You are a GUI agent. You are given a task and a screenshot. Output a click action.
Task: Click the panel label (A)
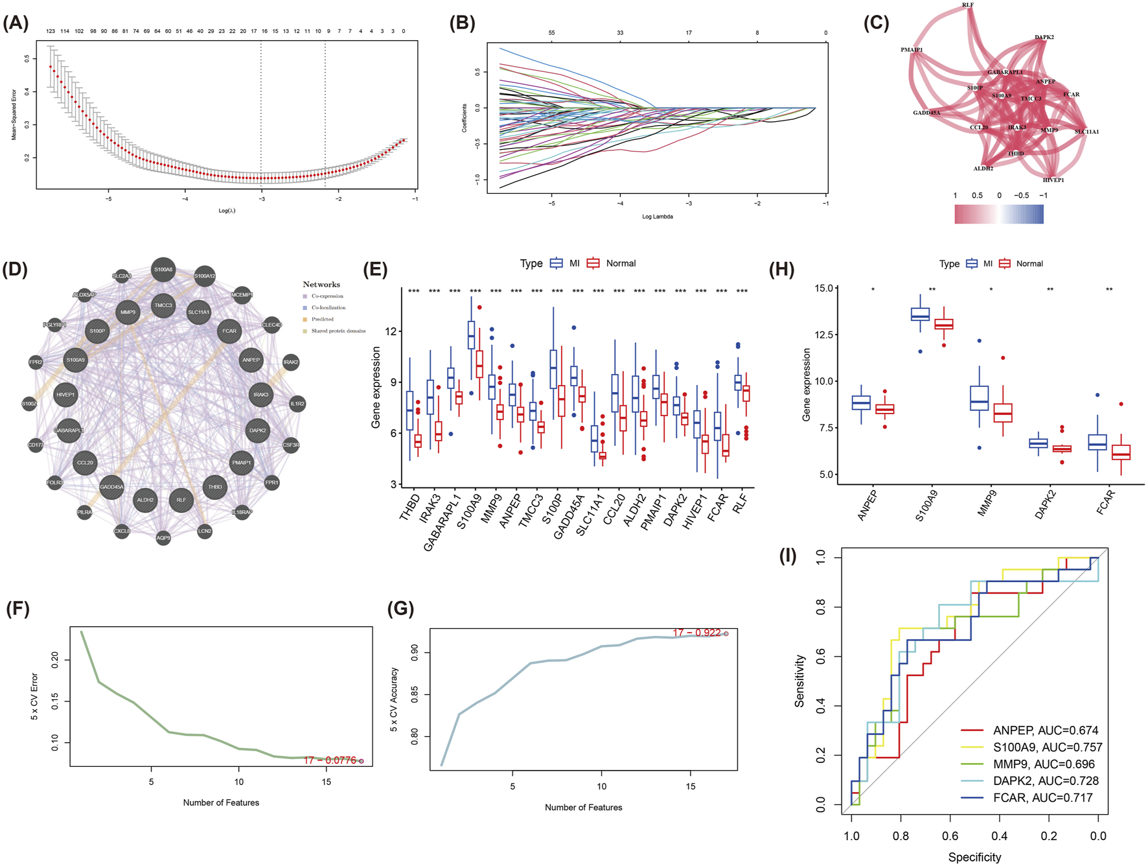(16, 23)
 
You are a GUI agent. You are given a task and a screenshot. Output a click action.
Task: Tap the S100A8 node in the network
(163, 270)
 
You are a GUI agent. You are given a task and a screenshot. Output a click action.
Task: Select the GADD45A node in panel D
(111, 487)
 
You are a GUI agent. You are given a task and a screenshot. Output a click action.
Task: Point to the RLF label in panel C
(968, 5)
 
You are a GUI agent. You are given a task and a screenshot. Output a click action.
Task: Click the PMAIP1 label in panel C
(912, 50)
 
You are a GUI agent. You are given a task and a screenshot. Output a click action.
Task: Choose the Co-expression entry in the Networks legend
(327, 296)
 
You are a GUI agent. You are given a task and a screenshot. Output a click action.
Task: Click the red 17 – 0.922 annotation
(696, 633)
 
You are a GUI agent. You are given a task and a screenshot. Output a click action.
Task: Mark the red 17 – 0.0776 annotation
(330, 760)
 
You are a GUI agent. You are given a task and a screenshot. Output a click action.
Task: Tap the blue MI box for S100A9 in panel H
(920, 314)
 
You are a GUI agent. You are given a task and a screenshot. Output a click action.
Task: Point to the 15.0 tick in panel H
(823, 288)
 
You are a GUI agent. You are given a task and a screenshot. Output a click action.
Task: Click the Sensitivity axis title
(799, 681)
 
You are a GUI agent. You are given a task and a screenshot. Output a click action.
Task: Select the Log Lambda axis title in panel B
(657, 216)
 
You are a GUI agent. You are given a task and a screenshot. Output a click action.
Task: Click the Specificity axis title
(974, 857)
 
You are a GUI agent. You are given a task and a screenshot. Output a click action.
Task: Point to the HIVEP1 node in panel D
(65, 394)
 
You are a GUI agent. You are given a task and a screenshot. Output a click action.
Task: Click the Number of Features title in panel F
(221, 802)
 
